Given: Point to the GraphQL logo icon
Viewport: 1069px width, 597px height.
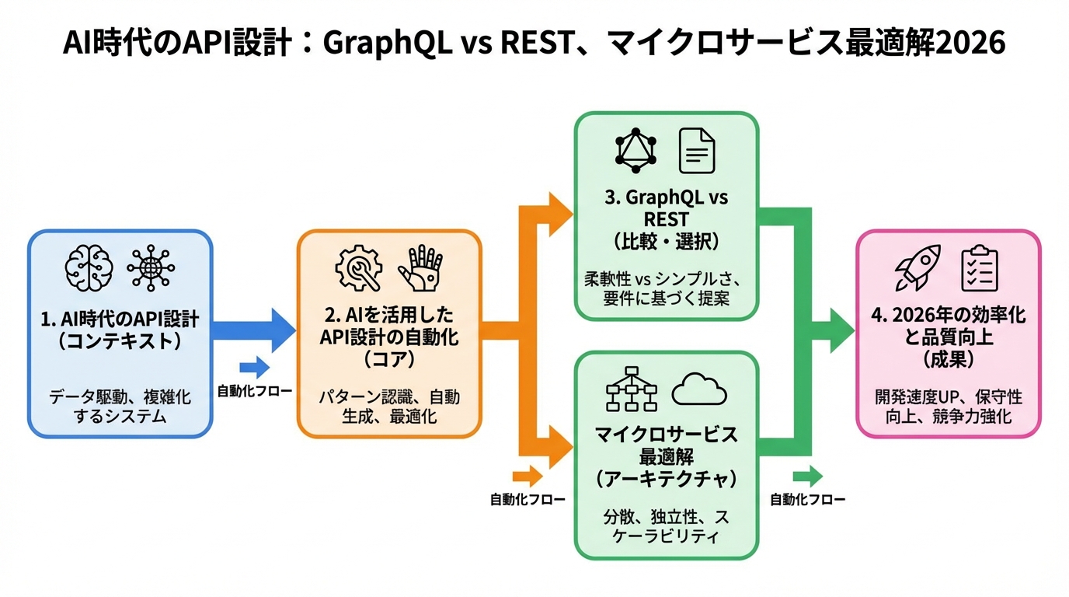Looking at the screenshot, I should click(636, 150).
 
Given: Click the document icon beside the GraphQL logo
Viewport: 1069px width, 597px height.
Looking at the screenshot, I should click(697, 150).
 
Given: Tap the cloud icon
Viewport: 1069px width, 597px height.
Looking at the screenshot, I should click(699, 389).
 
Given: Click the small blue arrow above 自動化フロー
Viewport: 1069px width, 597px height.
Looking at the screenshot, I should click(254, 368).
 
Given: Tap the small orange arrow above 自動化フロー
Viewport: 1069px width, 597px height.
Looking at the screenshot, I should click(528, 477).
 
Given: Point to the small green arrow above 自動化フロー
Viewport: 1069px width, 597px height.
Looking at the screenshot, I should click(807, 477).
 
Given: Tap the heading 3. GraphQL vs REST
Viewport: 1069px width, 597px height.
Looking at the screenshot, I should click(666, 208).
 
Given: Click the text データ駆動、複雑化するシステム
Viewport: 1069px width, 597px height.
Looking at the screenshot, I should click(120, 407).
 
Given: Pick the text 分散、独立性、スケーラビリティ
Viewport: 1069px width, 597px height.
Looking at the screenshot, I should click(666, 526).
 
